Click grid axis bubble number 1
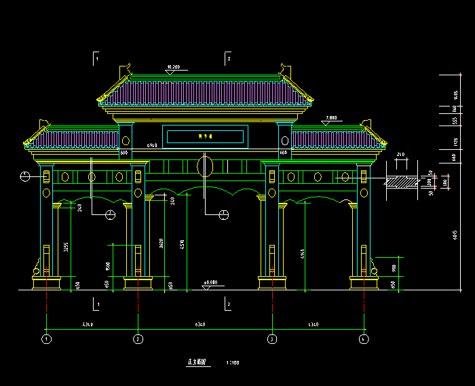[x=46, y=339]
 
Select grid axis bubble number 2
[x=138, y=339]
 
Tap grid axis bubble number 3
[x=271, y=339]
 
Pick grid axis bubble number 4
[x=364, y=339]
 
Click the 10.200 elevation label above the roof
[x=173, y=67]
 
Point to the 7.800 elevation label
[x=331, y=118]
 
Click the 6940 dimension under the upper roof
[x=153, y=145]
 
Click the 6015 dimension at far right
[x=454, y=234]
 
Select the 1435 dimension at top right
[x=455, y=94]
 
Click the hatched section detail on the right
[x=402, y=181]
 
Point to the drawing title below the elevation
[x=196, y=363]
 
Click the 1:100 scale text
[x=232, y=364]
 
